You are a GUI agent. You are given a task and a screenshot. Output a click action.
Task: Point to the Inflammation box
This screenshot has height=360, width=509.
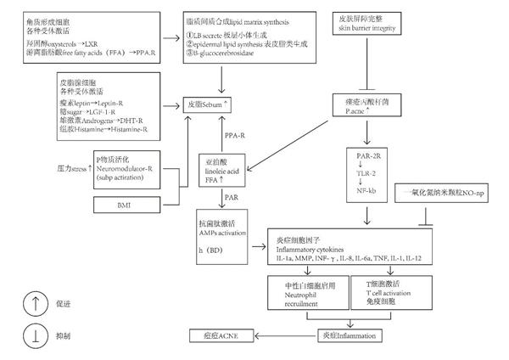click(346, 337)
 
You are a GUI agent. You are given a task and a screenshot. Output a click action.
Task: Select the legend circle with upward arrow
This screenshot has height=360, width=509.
click(28, 302)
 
